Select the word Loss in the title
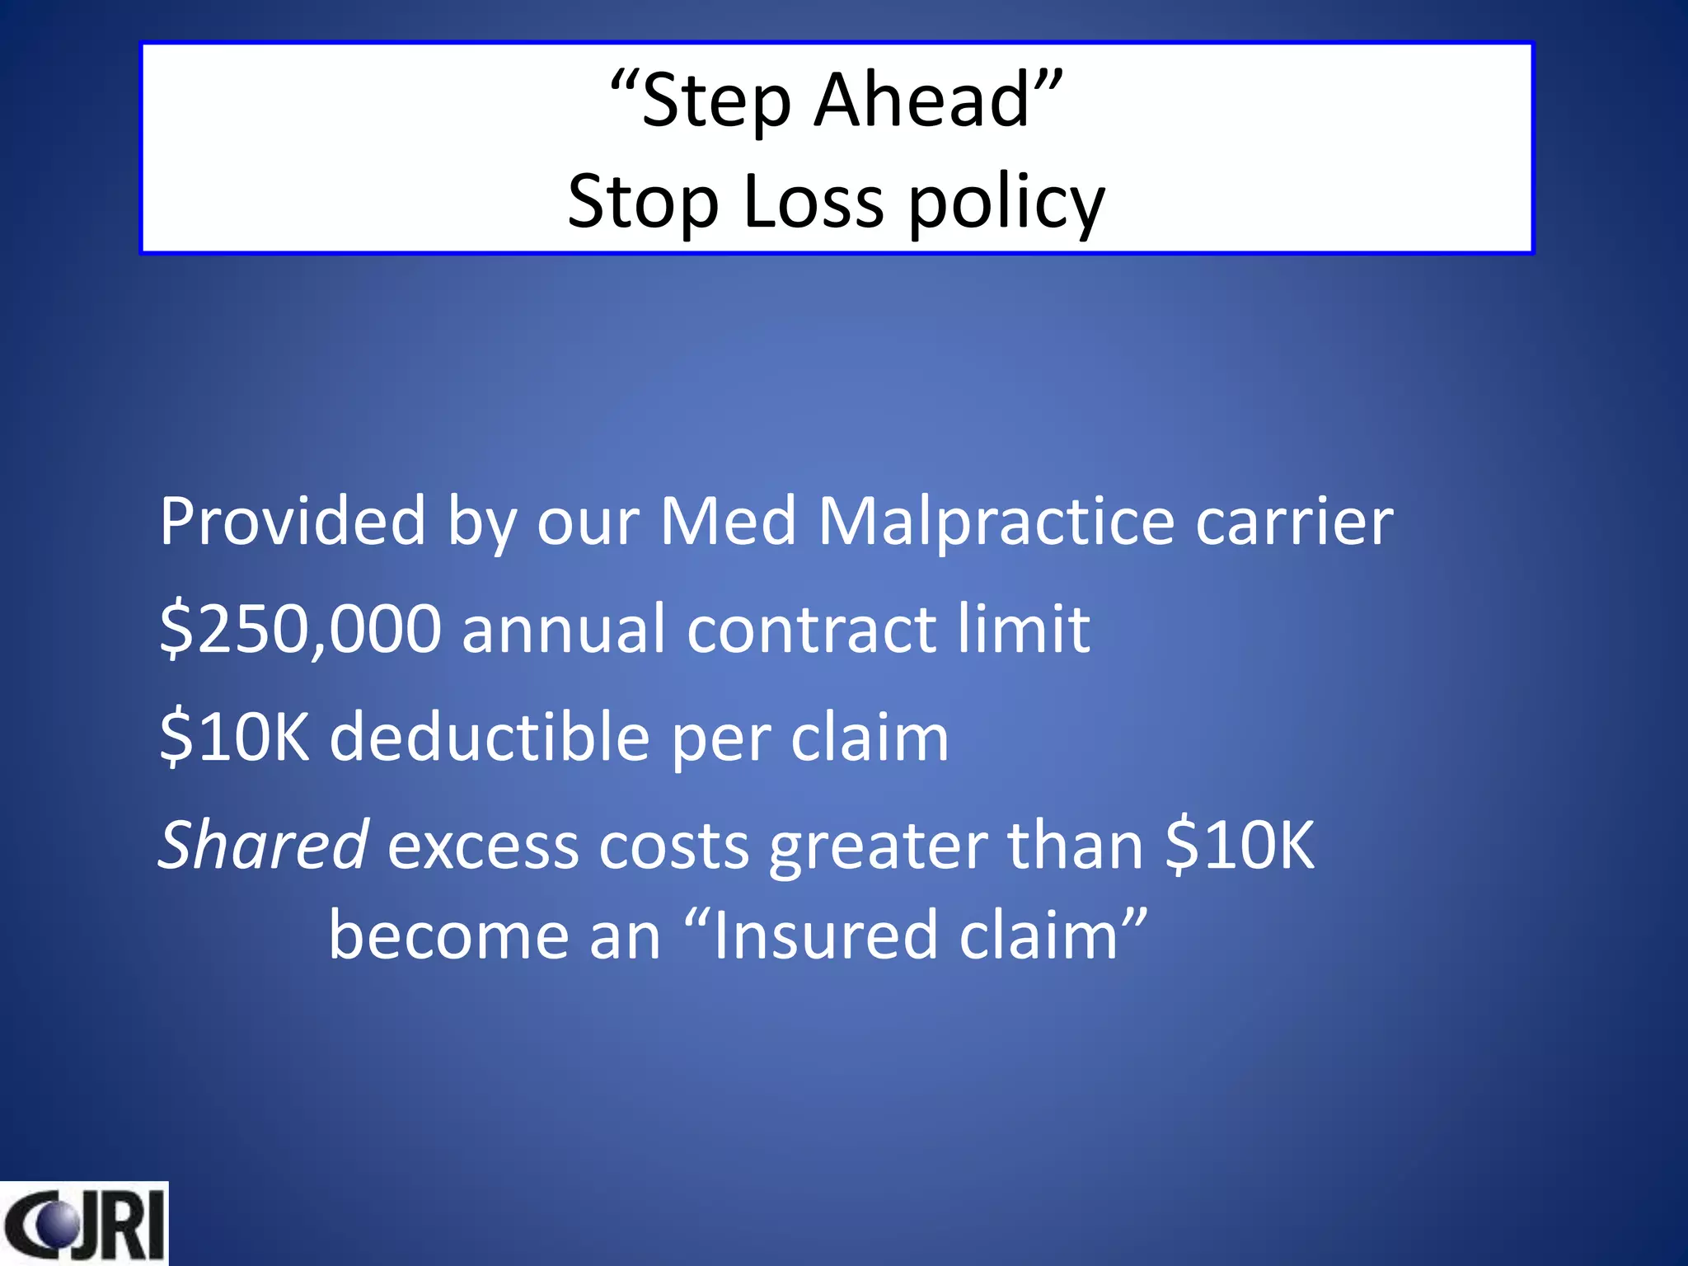[x=813, y=202]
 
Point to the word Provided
[x=293, y=522]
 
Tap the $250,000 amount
[x=301, y=630]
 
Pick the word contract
[x=812, y=630]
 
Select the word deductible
[x=490, y=737]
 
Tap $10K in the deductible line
[x=235, y=737]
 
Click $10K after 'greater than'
[x=1240, y=846]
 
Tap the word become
[x=448, y=936]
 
